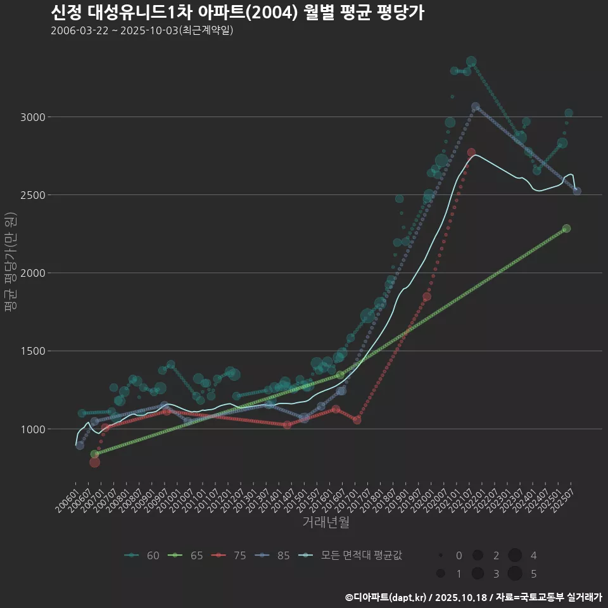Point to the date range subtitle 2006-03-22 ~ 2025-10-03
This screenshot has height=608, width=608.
(x=142, y=30)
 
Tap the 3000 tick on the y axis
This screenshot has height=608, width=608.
(x=33, y=117)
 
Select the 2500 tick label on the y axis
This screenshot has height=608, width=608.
(x=33, y=195)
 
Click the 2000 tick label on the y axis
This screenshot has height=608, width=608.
(x=33, y=273)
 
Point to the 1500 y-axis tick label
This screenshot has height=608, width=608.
(x=33, y=351)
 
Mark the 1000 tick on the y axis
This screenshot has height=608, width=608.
(x=33, y=429)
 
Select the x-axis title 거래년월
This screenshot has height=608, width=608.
(x=326, y=522)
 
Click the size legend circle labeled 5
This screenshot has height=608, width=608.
(x=514, y=574)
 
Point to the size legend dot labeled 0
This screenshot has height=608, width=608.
(x=440, y=555)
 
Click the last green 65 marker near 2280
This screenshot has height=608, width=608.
(x=566, y=229)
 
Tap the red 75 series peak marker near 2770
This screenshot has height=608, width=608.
(x=471, y=153)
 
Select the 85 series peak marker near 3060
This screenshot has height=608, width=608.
(x=476, y=107)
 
